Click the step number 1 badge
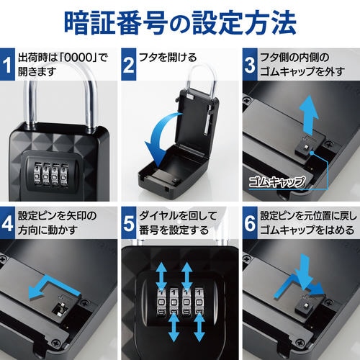7,64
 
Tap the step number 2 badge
129,64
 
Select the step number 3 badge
250,64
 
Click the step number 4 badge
7,223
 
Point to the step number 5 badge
129,223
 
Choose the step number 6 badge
250,223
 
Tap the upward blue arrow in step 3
310,114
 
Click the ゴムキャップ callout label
276,181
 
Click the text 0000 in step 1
78,58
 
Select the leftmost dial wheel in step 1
38,174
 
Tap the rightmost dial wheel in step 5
199,302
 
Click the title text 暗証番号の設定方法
180,23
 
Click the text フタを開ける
168,58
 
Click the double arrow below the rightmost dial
199,328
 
